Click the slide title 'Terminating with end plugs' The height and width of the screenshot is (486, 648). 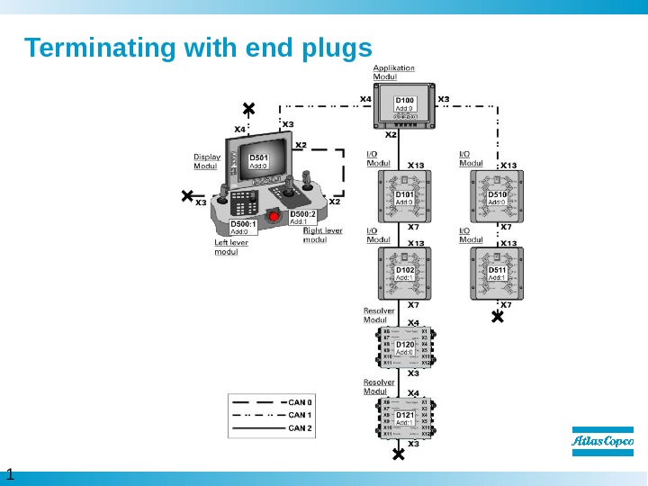198,47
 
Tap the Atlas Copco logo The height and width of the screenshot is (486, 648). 603,442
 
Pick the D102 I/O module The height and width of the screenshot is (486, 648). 405,273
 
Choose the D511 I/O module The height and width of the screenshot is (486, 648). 498,273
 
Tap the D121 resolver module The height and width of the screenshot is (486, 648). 406,418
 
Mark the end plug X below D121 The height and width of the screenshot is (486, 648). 399,455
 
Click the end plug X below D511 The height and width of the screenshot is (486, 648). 496,317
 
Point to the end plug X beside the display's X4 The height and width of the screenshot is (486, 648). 249,109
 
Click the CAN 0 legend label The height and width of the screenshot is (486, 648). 301,402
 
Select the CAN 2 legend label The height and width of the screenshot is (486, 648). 301,428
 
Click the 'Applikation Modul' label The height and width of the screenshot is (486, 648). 394,72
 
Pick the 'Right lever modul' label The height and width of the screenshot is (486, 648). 322,234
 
